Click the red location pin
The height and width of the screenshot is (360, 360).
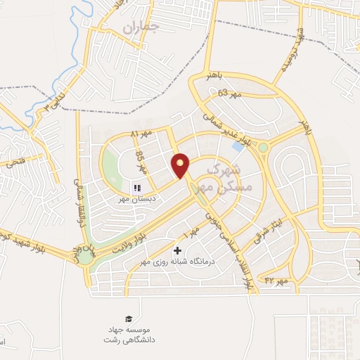click(x=181, y=165)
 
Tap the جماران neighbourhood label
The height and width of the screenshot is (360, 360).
click(x=140, y=28)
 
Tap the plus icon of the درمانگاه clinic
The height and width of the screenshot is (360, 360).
click(x=177, y=250)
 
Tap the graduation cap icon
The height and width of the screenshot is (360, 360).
click(x=128, y=319)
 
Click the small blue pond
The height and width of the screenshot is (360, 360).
click(x=238, y=146)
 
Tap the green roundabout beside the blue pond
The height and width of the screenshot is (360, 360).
click(x=263, y=148)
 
